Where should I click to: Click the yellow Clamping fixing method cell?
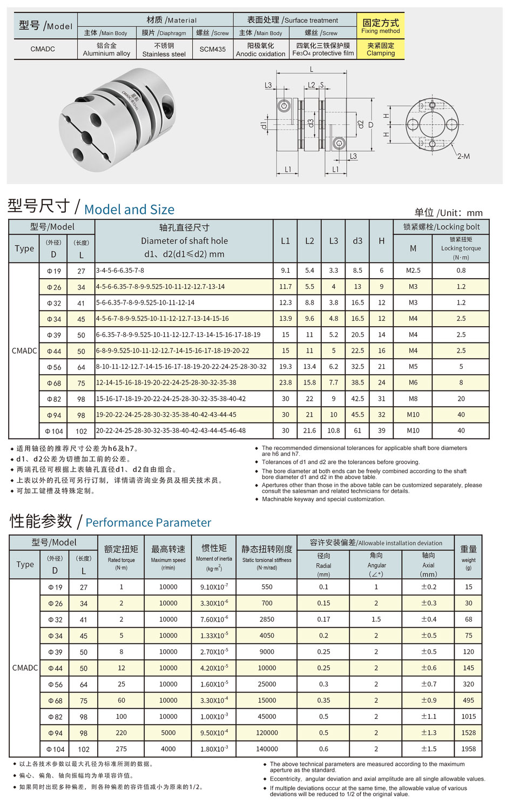(381, 49)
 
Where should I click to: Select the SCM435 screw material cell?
(213, 49)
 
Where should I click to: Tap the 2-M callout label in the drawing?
(463, 157)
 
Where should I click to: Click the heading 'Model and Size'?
(129, 210)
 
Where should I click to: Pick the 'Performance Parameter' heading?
(148, 522)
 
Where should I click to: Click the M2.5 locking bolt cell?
(413, 271)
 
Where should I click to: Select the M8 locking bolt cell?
(413, 399)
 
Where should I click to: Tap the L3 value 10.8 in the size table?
(334, 430)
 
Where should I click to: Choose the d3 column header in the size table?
(357, 241)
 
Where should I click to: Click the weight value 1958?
(468, 749)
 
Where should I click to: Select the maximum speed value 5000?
(168, 732)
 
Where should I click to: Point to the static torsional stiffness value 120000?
(267, 732)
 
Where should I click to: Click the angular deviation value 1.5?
(376, 619)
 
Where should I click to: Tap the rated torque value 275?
(122, 749)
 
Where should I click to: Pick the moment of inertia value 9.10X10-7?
(214, 587)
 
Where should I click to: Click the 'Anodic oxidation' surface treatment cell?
(260, 49)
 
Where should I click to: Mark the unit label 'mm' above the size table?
(475, 213)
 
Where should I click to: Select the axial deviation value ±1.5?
(429, 749)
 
